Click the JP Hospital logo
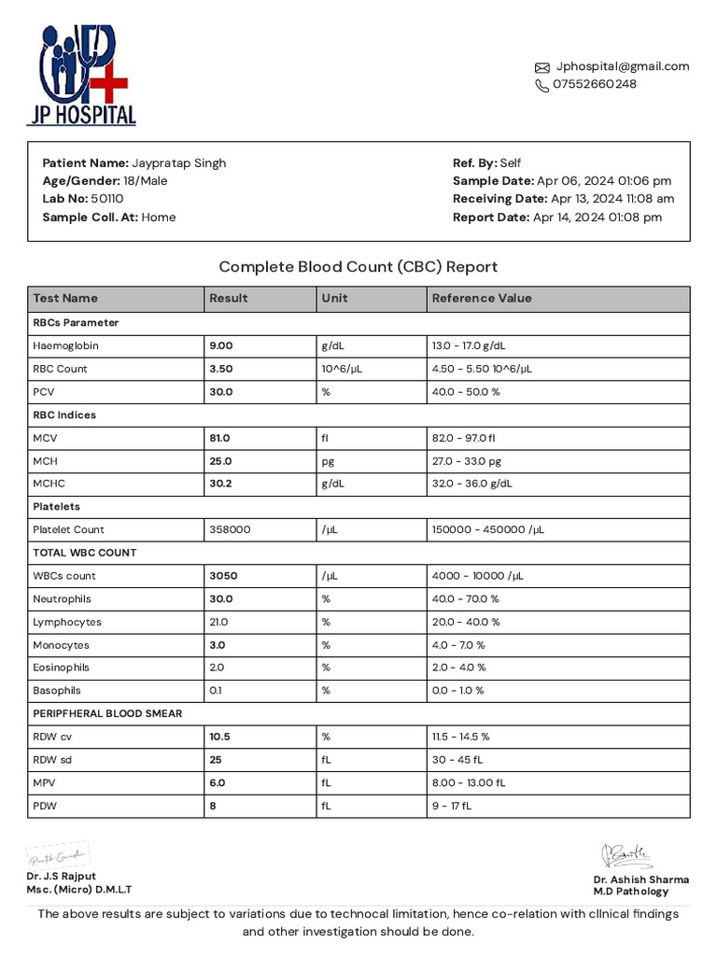(x=81, y=75)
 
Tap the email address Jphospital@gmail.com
(x=623, y=66)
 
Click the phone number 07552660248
(x=595, y=84)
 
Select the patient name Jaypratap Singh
(x=178, y=162)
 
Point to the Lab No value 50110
(x=107, y=199)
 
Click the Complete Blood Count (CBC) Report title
(x=358, y=267)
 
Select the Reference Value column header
(x=482, y=299)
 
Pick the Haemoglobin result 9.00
(x=221, y=345)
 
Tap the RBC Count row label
(x=60, y=369)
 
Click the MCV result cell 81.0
(x=220, y=438)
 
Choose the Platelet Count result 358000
(x=230, y=529)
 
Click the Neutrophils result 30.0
(x=221, y=599)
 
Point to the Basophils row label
(x=57, y=691)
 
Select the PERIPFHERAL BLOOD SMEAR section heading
(x=107, y=714)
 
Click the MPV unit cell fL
(x=327, y=782)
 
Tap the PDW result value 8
(x=213, y=806)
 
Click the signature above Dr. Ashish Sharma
(x=626, y=855)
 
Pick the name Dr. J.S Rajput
(x=61, y=877)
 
